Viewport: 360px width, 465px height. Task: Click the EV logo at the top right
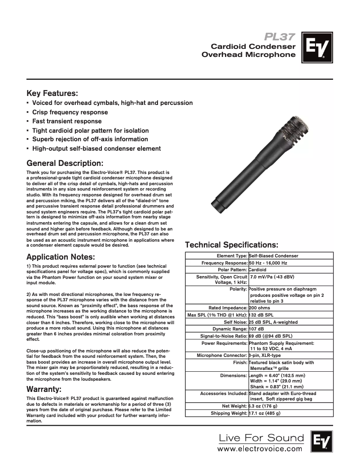coord(317,47)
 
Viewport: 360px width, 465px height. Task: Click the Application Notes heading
coord(61,257)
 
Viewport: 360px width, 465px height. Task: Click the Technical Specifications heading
coord(232,245)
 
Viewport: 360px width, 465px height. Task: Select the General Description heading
coord(65,162)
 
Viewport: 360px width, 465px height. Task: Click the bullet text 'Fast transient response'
coord(67,121)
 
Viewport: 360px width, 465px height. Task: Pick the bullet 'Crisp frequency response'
coord(70,112)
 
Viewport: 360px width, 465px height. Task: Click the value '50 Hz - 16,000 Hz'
coord(268,263)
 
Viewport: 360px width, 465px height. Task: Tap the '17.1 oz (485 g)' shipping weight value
coord(265,413)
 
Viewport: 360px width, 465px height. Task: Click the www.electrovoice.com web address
coord(260,448)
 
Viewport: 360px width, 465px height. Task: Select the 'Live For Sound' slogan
coord(261,438)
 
